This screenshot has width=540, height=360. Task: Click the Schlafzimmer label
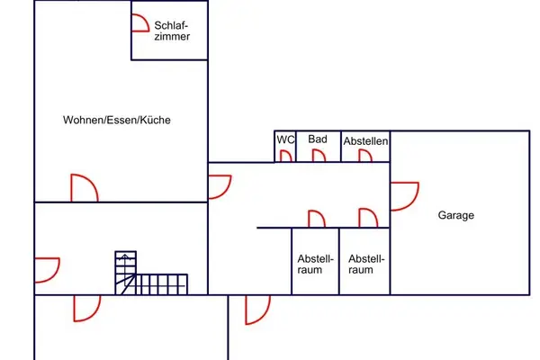click(x=172, y=31)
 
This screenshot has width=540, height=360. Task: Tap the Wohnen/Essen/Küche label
click(x=117, y=120)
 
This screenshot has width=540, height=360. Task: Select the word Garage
click(x=456, y=215)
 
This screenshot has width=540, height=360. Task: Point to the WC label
click(x=285, y=139)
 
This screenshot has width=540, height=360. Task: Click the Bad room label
click(x=318, y=139)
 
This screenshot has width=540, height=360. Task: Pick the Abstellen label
click(x=365, y=141)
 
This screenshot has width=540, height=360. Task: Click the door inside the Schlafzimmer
click(x=140, y=22)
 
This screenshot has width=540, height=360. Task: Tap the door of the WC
click(x=286, y=157)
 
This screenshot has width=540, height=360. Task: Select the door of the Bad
click(x=319, y=156)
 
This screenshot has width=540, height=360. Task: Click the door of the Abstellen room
click(x=365, y=156)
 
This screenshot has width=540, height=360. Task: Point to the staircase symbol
click(x=151, y=274)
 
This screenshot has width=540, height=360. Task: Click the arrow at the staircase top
click(x=125, y=256)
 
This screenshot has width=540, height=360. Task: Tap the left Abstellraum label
click(x=316, y=265)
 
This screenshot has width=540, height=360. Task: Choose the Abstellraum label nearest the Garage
click(x=366, y=265)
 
